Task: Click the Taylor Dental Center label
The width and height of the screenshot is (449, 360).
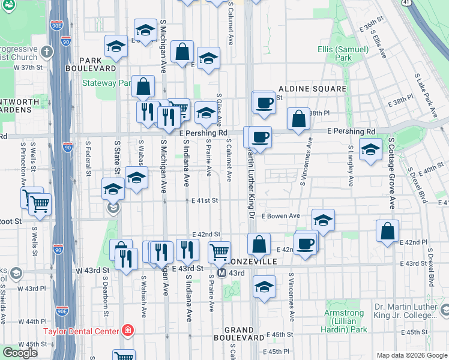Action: point(82,331)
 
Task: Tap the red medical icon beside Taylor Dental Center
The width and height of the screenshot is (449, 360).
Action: point(127,330)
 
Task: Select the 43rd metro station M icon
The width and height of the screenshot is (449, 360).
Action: point(222,273)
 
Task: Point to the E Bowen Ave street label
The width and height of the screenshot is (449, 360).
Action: point(282,216)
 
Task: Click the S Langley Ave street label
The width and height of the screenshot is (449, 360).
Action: point(349,157)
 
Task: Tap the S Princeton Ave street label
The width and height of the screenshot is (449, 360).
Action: point(24,164)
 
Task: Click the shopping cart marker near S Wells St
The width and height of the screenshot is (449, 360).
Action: point(40,203)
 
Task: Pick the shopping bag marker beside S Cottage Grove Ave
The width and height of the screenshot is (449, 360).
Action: point(388,230)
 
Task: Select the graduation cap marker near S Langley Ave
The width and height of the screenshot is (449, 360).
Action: point(370,149)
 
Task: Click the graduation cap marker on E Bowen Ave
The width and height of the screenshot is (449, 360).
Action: point(323,220)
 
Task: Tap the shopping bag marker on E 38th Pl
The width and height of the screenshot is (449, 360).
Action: point(298,118)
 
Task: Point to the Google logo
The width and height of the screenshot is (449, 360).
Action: point(20,353)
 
